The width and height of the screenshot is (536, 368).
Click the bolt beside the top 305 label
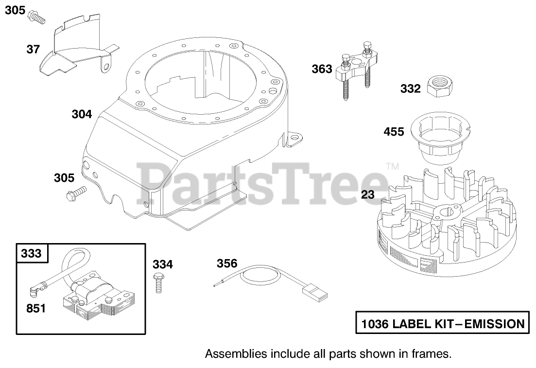click(37, 17)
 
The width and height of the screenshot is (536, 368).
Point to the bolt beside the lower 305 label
click(76, 193)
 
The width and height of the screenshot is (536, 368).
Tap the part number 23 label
click(368, 195)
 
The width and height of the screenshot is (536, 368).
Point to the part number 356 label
click(227, 263)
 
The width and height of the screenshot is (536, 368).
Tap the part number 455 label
click(394, 132)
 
